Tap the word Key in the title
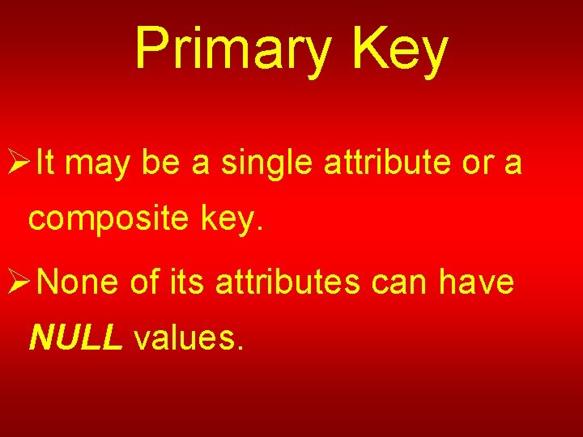400,49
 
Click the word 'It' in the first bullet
45,164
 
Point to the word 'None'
76,282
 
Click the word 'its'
188,282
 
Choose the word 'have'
476,282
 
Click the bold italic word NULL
75,339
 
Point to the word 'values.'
187,339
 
